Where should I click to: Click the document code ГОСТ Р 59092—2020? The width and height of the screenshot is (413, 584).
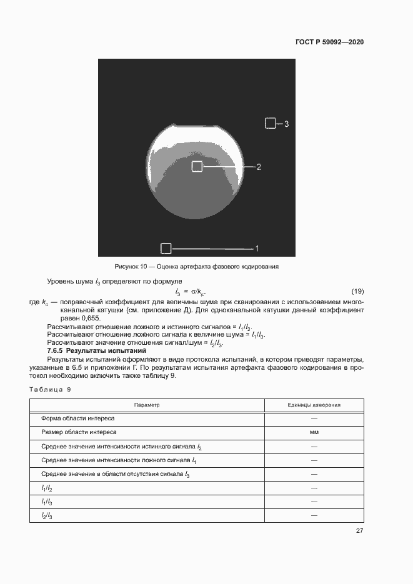click(329, 42)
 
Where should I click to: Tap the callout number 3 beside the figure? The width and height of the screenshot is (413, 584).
click(286, 124)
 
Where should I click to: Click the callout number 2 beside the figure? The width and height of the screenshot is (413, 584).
click(259, 167)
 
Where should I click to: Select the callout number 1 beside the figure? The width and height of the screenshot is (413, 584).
click(256, 249)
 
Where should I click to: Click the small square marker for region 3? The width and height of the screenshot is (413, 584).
click(270, 124)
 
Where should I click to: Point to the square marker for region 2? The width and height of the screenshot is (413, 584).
click(197, 166)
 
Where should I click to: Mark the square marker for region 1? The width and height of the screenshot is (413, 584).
click(166, 249)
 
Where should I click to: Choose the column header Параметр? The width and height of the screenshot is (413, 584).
click(147, 405)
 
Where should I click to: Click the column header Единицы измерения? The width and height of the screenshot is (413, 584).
click(314, 405)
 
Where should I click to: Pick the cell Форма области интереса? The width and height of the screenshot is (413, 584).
click(77, 418)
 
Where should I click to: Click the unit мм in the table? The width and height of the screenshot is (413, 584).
click(314, 432)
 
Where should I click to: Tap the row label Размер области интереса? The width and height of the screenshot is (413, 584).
click(79, 432)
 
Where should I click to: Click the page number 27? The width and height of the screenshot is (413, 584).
click(359, 531)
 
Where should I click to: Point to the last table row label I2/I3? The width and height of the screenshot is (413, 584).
click(47, 515)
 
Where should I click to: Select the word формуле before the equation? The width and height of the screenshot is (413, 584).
click(165, 283)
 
